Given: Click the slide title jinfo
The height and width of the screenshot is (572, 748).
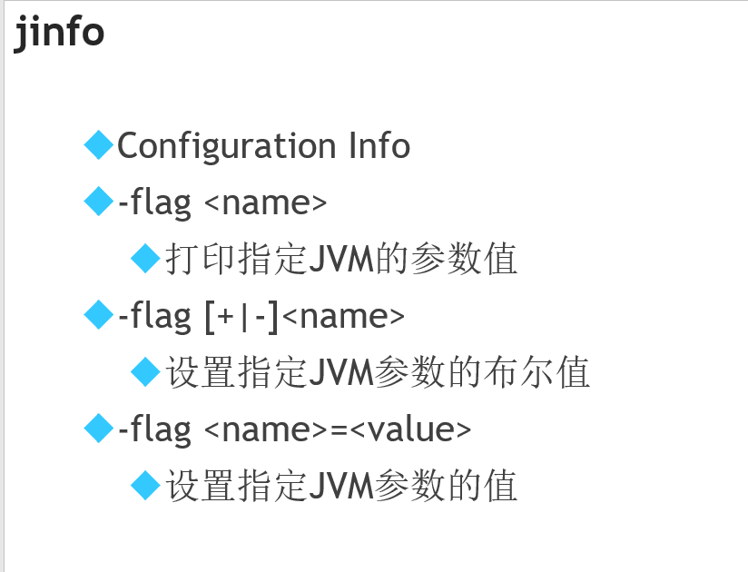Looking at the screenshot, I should tap(59, 34).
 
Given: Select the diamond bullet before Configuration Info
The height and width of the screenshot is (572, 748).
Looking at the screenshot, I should tap(97, 144).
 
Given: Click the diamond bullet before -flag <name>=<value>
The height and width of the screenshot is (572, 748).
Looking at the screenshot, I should tap(97, 428).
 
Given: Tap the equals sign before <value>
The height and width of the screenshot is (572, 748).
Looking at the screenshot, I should tap(340, 429).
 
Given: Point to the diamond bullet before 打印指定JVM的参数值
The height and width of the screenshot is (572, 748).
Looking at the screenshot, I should tap(145, 258).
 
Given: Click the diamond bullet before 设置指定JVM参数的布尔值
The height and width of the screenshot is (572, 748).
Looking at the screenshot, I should tap(145, 370).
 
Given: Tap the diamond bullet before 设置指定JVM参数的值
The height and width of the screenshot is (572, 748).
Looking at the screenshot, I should tap(145, 484).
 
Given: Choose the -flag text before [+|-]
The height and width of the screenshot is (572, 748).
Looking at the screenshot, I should tap(154, 316).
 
